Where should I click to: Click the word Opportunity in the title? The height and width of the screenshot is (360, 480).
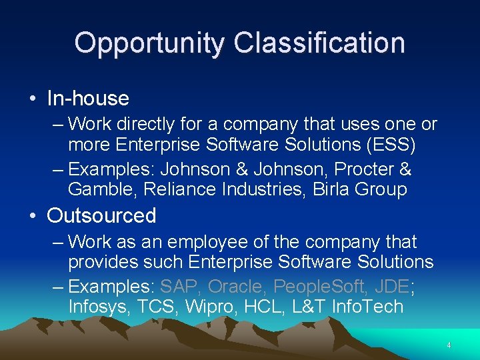(x=150, y=43)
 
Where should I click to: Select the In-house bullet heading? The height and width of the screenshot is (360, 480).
(x=87, y=99)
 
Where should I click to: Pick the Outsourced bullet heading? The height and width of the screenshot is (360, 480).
(x=101, y=216)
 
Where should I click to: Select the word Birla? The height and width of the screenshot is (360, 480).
(x=316, y=189)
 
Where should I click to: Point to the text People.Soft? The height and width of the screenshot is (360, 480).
(x=317, y=287)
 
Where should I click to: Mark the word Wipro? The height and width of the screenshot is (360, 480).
(x=206, y=307)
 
